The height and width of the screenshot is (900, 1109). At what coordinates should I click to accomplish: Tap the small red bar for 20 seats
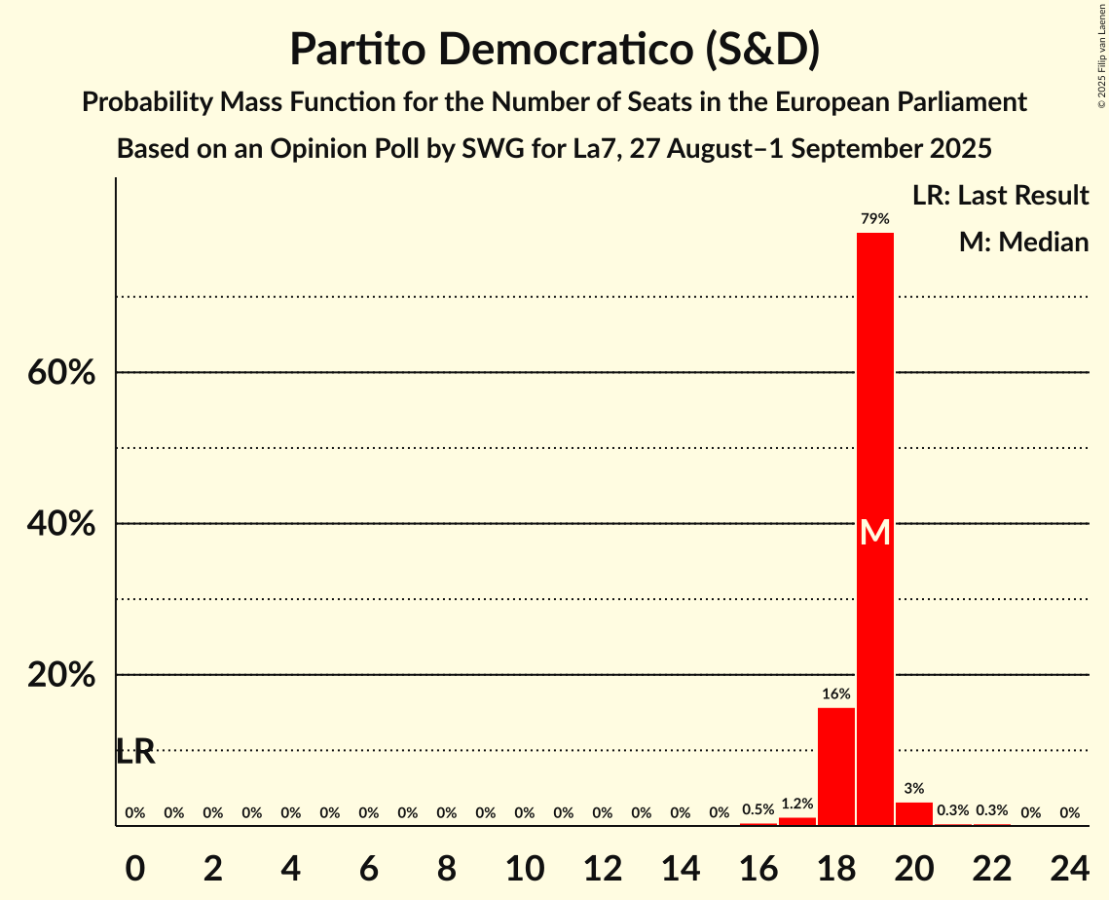click(913, 813)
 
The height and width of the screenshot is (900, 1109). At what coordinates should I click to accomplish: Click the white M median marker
click(874, 532)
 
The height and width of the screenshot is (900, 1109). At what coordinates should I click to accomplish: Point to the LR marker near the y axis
click(135, 752)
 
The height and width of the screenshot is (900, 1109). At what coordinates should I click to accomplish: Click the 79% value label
click(874, 219)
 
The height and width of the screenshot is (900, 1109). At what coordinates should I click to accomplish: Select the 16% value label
click(835, 694)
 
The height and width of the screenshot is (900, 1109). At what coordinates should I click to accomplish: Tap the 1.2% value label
click(796, 804)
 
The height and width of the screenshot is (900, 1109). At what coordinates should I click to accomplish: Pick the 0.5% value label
click(758, 809)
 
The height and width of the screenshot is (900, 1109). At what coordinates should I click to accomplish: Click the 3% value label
click(913, 788)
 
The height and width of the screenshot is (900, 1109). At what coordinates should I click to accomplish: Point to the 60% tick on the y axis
click(61, 373)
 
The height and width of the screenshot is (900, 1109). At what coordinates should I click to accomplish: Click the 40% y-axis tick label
click(61, 524)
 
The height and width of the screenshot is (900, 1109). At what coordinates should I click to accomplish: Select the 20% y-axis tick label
click(61, 675)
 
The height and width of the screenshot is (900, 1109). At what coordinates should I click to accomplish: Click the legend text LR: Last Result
click(1000, 196)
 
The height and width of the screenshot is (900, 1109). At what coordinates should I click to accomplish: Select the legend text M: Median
click(1023, 242)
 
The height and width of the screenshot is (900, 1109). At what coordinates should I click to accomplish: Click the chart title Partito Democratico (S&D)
click(554, 49)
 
